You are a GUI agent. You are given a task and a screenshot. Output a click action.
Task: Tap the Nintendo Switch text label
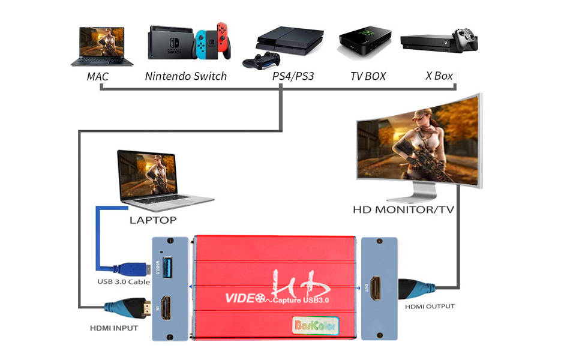coord(186,76)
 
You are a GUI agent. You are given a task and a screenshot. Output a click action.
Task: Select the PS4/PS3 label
coord(293,76)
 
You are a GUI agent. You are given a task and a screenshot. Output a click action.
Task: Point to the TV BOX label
coord(368,76)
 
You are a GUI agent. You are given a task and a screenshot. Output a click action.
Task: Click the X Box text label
coord(439,76)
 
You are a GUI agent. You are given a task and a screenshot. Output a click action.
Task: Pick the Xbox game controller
coord(466,40)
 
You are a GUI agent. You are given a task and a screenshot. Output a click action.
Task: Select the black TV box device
coord(365,43)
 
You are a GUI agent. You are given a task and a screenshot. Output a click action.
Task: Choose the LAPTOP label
coord(153,220)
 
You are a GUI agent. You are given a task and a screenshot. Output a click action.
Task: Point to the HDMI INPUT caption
coord(114,328)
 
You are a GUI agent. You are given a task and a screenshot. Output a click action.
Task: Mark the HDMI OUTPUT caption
coord(429,307)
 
